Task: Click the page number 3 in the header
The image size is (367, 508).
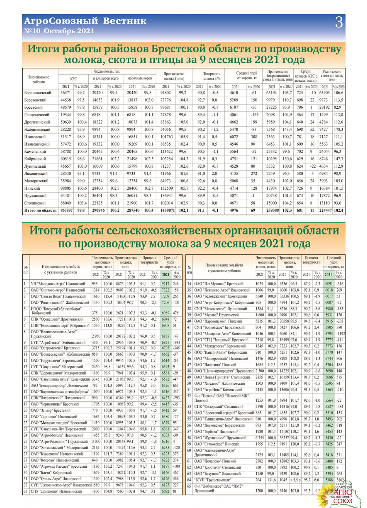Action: click(339, 22)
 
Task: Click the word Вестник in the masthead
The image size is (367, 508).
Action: click(124, 21)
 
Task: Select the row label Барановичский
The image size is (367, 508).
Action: click(38, 93)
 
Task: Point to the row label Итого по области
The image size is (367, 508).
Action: click(40, 210)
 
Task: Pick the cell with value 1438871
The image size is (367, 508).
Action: click(167, 210)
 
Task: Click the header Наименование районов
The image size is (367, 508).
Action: click(38, 79)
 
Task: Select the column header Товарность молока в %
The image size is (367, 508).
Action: click(211, 76)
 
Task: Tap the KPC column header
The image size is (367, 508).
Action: click(73, 79)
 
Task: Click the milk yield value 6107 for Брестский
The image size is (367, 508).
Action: click(234, 108)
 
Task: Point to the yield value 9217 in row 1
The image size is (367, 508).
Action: click(165, 284)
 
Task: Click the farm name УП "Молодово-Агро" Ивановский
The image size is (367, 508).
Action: click(58, 284)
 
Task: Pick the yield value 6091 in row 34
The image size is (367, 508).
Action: click(329, 284)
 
